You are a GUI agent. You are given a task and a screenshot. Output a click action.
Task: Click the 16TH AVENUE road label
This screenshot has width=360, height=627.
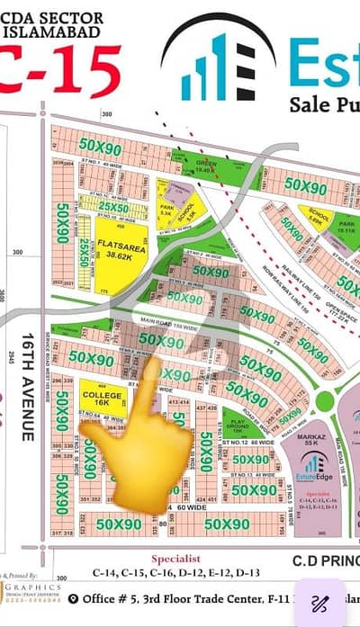click(x=26, y=386)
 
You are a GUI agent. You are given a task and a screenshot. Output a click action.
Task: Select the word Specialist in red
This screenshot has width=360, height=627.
click(x=178, y=558)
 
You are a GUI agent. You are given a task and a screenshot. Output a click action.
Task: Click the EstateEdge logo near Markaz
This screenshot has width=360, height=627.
click(x=312, y=469)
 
